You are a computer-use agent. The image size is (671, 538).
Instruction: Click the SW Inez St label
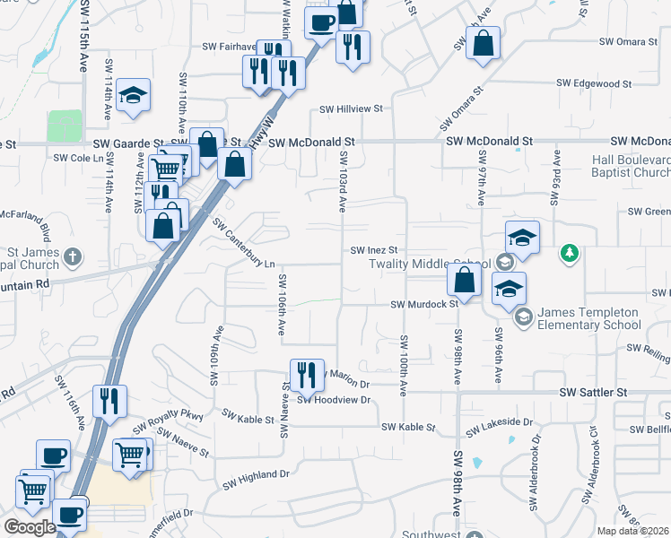coord(372,250)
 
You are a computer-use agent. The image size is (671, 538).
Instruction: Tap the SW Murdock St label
coord(424,304)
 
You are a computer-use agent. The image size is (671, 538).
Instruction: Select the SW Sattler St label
coord(593,393)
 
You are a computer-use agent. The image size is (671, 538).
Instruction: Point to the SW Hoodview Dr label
coord(334,400)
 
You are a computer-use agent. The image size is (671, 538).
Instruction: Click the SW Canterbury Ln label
coord(244,239)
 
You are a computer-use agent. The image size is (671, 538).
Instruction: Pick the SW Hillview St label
coord(353,108)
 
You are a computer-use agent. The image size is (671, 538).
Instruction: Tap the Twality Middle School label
coord(430,264)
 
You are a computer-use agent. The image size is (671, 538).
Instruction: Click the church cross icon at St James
coord(73,257)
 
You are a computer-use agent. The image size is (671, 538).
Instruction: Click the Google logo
coord(30,527)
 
